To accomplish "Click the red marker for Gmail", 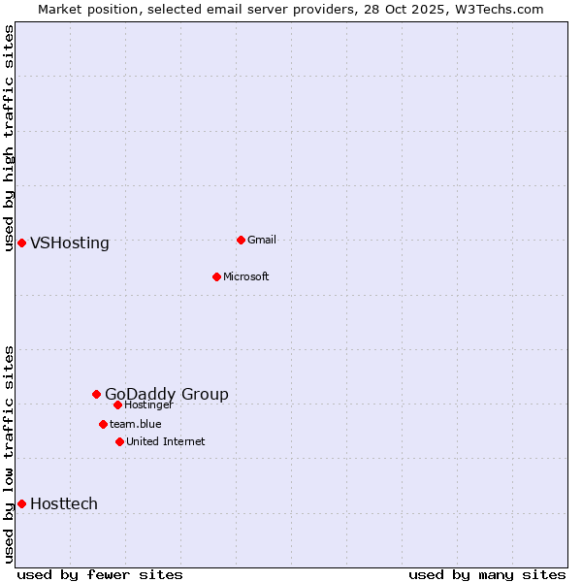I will (x=241, y=240).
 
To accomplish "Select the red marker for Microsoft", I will (x=216, y=276).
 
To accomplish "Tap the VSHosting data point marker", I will (x=21, y=242).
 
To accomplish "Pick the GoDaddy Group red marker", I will (x=96, y=394).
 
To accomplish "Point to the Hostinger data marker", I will (x=117, y=404).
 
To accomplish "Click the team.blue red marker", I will (x=103, y=424).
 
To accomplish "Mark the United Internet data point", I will (x=119, y=441).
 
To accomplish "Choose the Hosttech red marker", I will (x=21, y=503).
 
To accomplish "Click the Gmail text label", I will (x=262, y=240).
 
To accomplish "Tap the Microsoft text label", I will (x=246, y=276).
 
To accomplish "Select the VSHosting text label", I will (x=70, y=242).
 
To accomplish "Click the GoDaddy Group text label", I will (x=167, y=394).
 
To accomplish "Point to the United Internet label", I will (x=166, y=441).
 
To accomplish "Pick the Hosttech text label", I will (x=64, y=503).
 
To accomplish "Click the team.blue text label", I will (x=136, y=424).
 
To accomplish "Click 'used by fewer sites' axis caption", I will (x=100, y=574).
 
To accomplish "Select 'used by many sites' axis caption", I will (x=487, y=574).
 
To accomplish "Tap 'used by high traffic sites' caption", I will (x=9, y=138).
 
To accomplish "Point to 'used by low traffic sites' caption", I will (x=9, y=453).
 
